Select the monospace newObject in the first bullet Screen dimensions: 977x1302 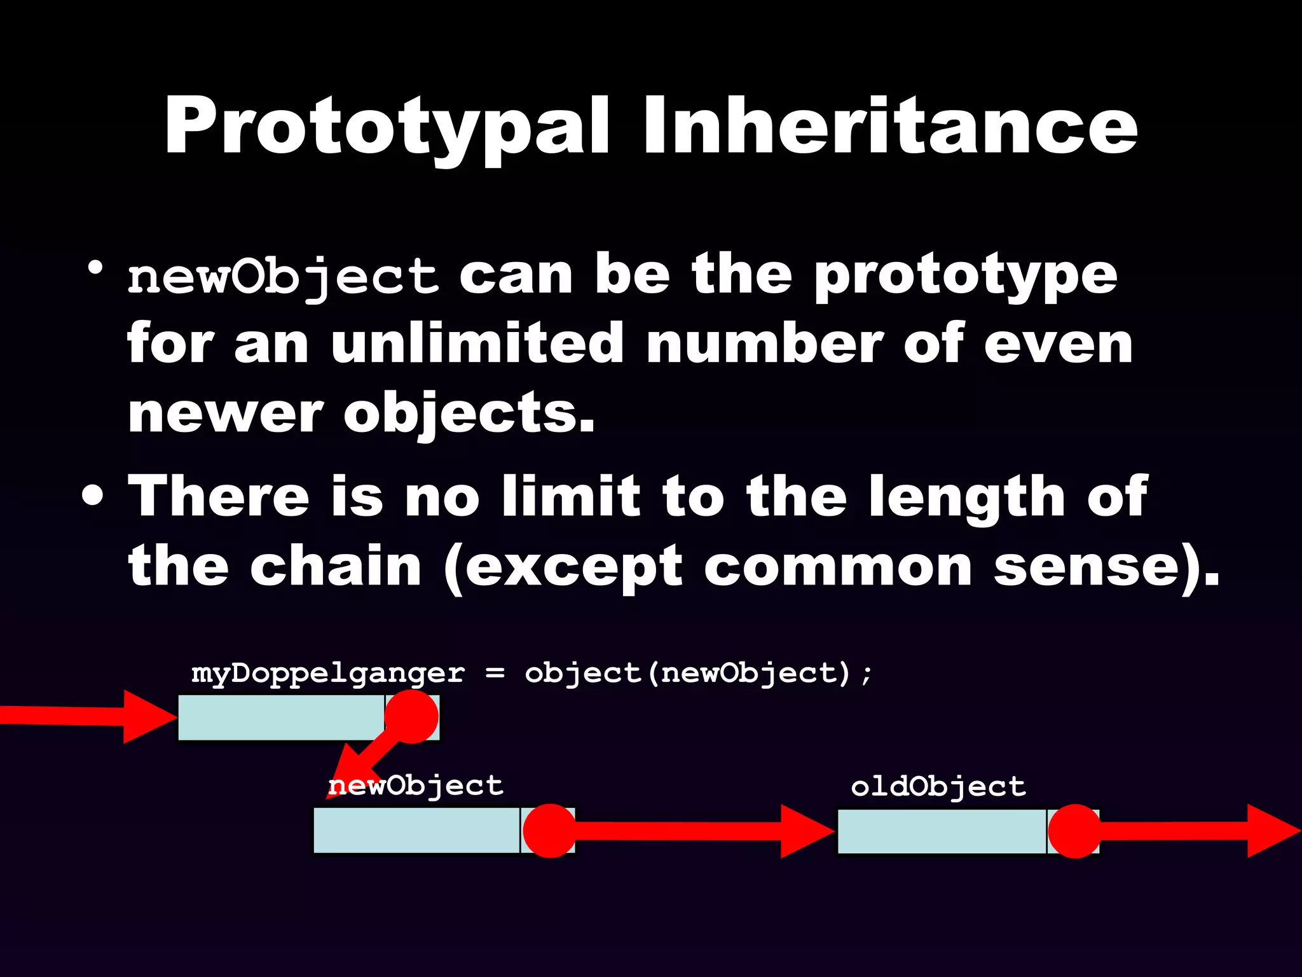pyautogui.click(x=283, y=277)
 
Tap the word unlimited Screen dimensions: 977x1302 pyautogui.click(x=477, y=343)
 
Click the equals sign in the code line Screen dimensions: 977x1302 pyautogui.click(x=495, y=673)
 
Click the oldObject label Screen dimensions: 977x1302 pyautogui.click(x=938, y=787)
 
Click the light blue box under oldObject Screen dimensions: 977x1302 pyautogui.click(x=941, y=831)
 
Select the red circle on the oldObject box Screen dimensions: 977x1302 pyautogui.click(x=1074, y=831)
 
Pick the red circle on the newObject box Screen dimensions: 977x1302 pyautogui.click(x=550, y=831)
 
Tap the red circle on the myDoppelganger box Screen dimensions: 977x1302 pyautogui.click(x=411, y=717)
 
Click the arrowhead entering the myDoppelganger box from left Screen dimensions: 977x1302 pyautogui.click(x=149, y=717)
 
